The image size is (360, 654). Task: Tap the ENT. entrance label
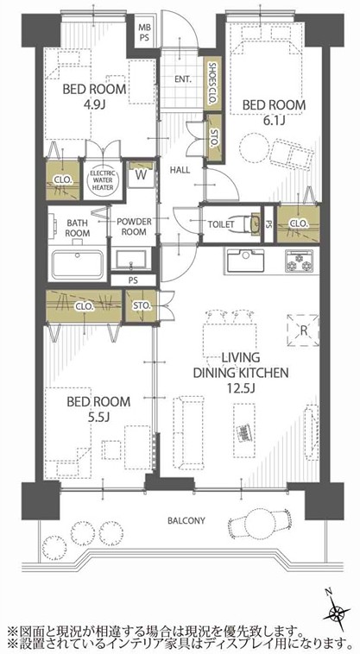pyautogui.click(x=184, y=79)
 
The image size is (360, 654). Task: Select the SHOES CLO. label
pyautogui.click(x=212, y=83)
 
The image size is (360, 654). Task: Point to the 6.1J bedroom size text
pyautogui.click(x=274, y=121)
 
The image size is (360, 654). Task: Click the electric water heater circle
pyautogui.click(x=102, y=179)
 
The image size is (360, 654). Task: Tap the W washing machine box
pyautogui.click(x=142, y=175)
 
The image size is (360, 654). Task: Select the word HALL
pyautogui.click(x=180, y=170)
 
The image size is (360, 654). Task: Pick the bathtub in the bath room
pyautogui.click(x=78, y=264)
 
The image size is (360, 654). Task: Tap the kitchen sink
pyautogui.click(x=245, y=261)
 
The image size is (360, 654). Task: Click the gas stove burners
pyautogui.click(x=299, y=261)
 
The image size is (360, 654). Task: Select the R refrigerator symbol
pyautogui.click(x=303, y=330)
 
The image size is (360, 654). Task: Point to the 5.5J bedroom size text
pyautogui.click(x=98, y=417)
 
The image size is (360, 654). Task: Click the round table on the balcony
pyautogui.click(x=260, y=523)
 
